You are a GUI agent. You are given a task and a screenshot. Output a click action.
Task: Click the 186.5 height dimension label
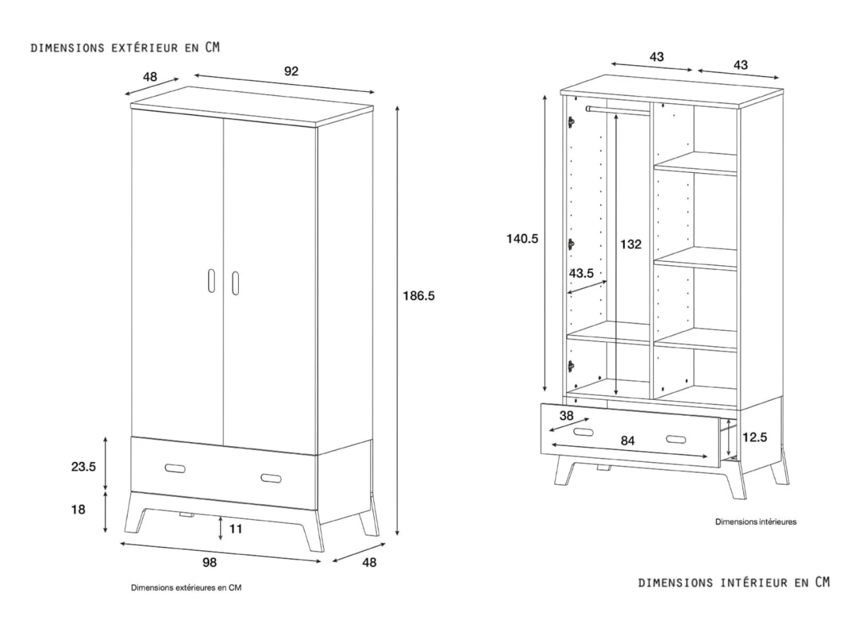coord(418,296)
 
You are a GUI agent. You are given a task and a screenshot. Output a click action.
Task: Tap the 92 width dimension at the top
coord(291,71)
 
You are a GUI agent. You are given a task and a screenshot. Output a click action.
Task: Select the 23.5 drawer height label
coord(83,467)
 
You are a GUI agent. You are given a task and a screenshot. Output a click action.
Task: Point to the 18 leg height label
coord(78,509)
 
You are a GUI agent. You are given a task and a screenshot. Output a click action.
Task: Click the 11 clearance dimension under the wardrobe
coord(235,529)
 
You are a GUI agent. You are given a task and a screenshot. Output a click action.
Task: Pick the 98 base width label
coord(209,563)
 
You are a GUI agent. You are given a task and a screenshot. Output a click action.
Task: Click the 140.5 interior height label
coord(522,238)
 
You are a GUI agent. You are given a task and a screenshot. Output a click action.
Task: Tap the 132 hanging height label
coord(630,244)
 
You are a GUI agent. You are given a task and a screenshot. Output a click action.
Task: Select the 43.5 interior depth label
coord(581,273)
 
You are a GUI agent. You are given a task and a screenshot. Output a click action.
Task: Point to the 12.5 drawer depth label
coord(754,438)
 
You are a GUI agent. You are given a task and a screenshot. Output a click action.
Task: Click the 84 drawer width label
coord(627,440)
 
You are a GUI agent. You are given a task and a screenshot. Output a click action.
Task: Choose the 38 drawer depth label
coord(566,416)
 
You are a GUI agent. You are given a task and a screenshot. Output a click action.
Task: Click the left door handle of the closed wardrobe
coord(211,280)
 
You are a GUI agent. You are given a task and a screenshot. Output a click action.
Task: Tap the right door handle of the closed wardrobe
coord(235,283)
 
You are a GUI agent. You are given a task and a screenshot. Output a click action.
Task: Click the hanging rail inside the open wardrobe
coord(618,110)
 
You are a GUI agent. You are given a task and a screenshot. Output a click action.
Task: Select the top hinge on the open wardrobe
coord(571,122)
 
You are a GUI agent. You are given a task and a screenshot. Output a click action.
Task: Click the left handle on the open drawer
coord(583,432)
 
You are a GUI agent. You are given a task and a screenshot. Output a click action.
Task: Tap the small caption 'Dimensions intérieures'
coord(756,521)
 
